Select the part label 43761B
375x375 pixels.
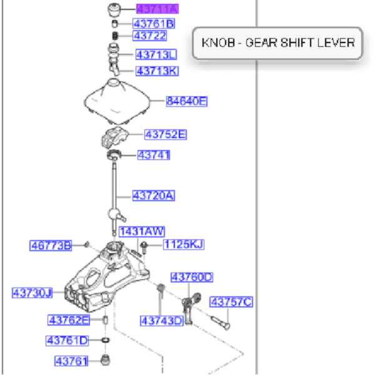pyautogui.click(x=154, y=24)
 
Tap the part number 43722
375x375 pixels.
pyautogui.click(x=150, y=36)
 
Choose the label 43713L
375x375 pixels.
pyautogui.click(x=156, y=54)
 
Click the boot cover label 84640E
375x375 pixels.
pyautogui.click(x=186, y=100)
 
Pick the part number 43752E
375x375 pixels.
pyautogui.click(x=166, y=134)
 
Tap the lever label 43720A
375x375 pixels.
pyautogui.click(x=153, y=196)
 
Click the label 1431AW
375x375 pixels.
pyautogui.click(x=140, y=231)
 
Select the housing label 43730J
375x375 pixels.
pyautogui.click(x=32, y=292)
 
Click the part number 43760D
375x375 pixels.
pyautogui.click(x=192, y=277)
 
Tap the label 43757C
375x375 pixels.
pyautogui.click(x=231, y=302)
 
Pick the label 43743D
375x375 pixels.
pyautogui.click(x=161, y=321)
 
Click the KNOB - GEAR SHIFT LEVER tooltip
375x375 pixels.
pyautogui.click(x=277, y=43)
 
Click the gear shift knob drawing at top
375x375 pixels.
pyautogui.click(x=114, y=10)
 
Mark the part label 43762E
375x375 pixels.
pyautogui.click(x=69, y=320)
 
